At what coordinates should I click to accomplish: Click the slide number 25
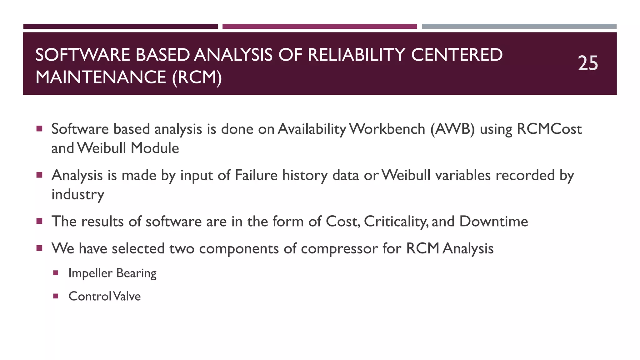pos(587,63)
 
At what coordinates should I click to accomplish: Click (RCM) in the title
pos(197,77)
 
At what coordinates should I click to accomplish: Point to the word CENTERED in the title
pos(457,55)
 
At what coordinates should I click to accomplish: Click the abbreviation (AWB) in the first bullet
pos(452,129)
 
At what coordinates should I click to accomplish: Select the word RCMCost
pos(549,129)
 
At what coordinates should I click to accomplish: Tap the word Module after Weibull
pos(155,148)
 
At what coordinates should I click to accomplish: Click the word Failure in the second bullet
pos(256,175)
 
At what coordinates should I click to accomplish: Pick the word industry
pos(78,194)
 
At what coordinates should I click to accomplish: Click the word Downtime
pos(493,222)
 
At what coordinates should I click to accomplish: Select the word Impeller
pos(90,273)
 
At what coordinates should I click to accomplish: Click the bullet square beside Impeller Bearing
pos(56,273)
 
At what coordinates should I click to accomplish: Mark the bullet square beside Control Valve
pos(56,296)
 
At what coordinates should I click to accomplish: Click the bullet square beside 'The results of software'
pos(39,221)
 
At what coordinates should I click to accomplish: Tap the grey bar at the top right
pos(519,27)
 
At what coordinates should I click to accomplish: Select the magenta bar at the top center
pos(319,27)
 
